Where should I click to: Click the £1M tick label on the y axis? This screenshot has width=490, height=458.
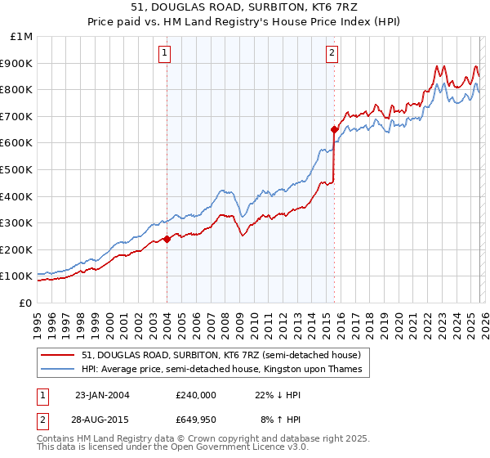point(21,36)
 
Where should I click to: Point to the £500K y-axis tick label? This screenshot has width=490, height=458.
point(16,169)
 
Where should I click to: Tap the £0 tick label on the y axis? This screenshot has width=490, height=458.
point(26,303)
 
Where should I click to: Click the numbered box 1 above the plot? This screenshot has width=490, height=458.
point(165,54)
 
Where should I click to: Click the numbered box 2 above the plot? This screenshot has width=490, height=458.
point(332,54)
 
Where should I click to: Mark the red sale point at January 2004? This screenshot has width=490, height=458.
point(167,239)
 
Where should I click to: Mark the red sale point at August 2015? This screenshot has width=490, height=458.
point(334,129)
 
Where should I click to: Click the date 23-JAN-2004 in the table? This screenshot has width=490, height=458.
point(102,394)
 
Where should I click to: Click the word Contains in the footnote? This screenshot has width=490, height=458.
point(57,440)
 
